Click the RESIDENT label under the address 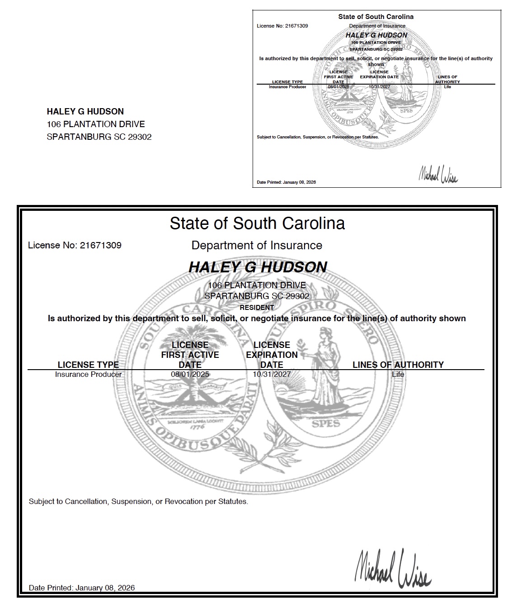click(x=257, y=307)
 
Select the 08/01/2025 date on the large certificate click(x=190, y=375)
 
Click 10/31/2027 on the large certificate click(x=272, y=375)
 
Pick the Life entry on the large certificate click(x=398, y=375)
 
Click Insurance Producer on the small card click(x=287, y=87)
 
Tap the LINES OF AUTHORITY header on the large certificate click(x=398, y=365)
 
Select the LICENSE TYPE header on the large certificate click(x=88, y=365)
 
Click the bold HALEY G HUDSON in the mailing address click(x=85, y=111)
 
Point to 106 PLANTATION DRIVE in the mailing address click(x=96, y=124)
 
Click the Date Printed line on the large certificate click(x=82, y=588)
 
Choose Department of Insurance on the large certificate click(x=257, y=245)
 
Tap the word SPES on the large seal click(x=326, y=424)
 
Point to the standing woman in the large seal click(x=329, y=366)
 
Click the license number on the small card click(x=282, y=26)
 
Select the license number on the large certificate click(x=75, y=245)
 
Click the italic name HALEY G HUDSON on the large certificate click(x=258, y=267)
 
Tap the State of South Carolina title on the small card click(x=376, y=17)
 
